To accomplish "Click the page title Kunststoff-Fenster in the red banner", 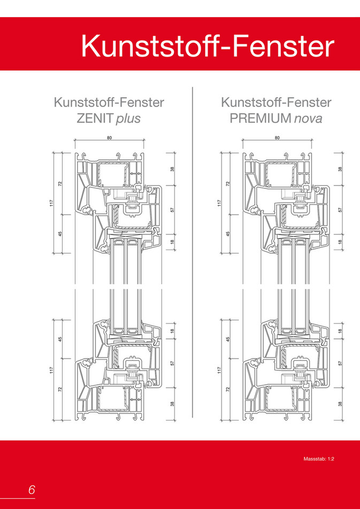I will coord(208,46).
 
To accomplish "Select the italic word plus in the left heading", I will coord(128,119).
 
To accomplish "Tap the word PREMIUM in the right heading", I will coord(259,118).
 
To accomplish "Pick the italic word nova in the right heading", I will coord(308,119).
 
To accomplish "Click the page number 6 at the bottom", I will coord(32,489).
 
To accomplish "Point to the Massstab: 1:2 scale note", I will coord(319,459).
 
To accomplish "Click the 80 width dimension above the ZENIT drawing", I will coord(109,138).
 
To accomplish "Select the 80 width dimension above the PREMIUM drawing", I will coord(277,138).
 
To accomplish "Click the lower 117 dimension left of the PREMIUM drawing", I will coord(220,369).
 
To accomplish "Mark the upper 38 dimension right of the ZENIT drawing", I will coord(173,169).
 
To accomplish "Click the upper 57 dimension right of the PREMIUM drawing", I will coord(341,210).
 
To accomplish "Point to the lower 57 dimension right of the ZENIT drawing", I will coord(173,362).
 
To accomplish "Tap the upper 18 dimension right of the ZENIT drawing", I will coord(173,242).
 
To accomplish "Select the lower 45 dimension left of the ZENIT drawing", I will coord(60,338).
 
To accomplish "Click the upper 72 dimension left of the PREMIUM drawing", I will coord(228,184).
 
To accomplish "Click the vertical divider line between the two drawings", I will coord(192,252).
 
